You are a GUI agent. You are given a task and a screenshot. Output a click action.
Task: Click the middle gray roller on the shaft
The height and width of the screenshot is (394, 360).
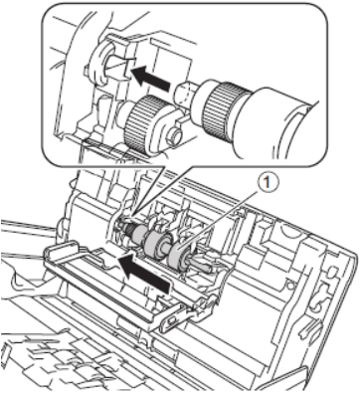(x=157, y=242)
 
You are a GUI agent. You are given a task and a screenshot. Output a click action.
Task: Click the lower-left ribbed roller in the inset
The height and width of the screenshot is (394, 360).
(x=143, y=123)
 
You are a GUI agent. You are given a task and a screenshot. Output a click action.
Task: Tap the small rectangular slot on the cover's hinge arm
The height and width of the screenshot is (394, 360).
(x=171, y=321)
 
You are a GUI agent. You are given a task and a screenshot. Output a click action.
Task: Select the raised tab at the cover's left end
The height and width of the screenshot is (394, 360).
(x=63, y=250)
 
